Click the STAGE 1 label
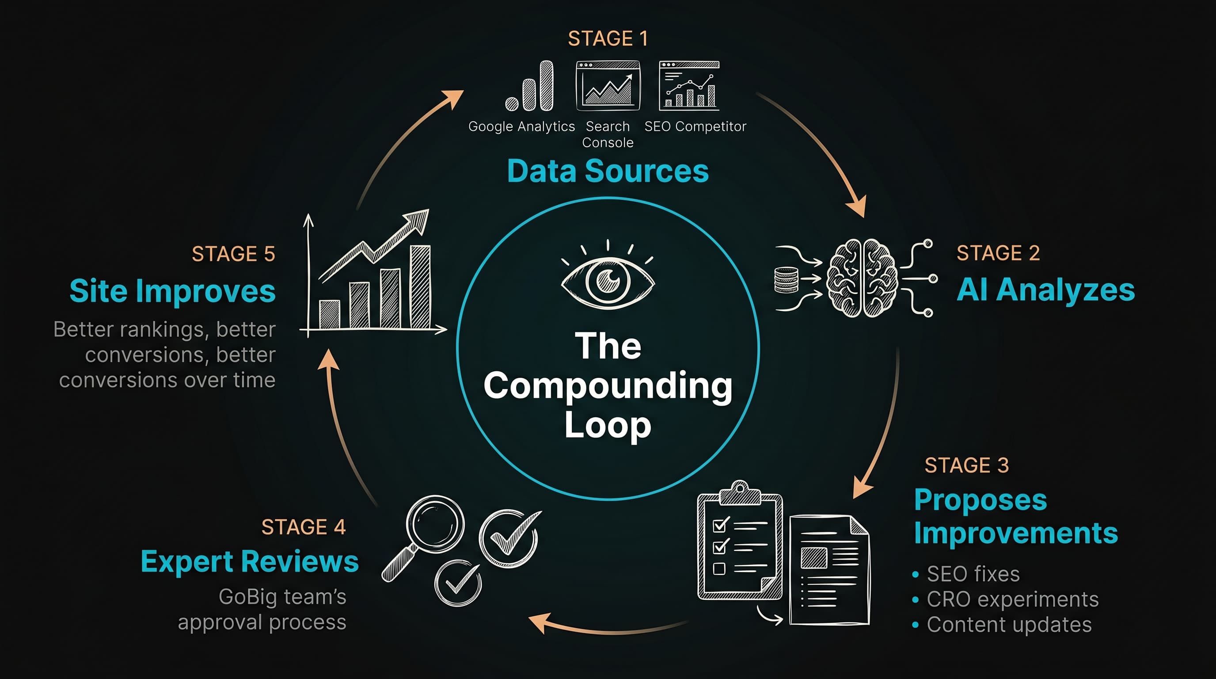coord(608,39)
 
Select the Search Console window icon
coord(608,85)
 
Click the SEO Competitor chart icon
coord(689,85)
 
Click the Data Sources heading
coord(608,171)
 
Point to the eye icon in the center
coord(608,282)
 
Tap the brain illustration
coord(862,278)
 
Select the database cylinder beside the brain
coord(786,280)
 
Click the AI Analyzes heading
coord(1045,290)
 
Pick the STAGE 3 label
coord(966,465)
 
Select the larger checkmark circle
coord(509,538)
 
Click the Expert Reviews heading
coord(250,562)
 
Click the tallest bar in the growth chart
coord(420,286)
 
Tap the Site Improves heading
coord(172,291)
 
